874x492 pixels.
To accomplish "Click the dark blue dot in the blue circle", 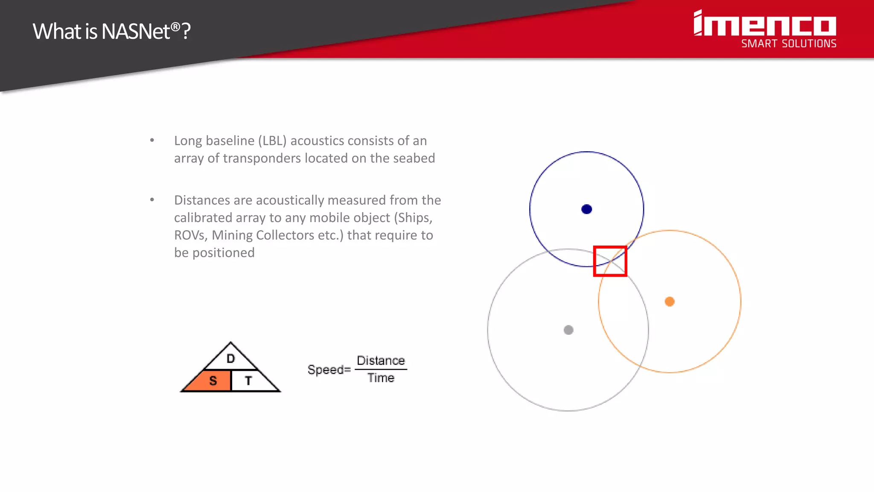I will coord(587,209).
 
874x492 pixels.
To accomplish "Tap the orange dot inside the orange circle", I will coord(670,302).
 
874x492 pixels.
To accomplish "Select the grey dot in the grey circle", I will coord(568,330).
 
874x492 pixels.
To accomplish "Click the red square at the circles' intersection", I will coord(610,261).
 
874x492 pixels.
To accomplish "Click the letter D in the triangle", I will coord(231,359).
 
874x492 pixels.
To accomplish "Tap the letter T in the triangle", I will coord(248,381).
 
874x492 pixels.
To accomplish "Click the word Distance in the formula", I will coord(381,361).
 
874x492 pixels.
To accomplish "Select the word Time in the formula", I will coord(381,378).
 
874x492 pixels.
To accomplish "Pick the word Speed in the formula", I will coord(326,369).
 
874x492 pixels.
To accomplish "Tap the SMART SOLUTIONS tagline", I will coord(789,44).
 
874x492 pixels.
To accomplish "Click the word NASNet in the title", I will coord(136,32).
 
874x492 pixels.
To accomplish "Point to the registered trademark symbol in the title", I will coord(175,26).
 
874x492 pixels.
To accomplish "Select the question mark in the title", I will coord(186,32).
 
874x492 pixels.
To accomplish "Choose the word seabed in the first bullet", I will coord(414,158).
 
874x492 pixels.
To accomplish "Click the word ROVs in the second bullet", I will coord(190,235).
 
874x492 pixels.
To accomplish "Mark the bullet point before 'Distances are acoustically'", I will coord(152,200).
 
